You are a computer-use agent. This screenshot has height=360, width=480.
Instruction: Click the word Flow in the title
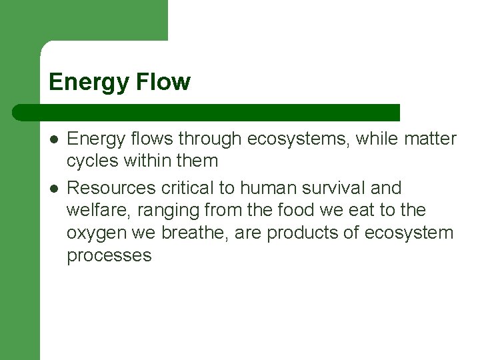point(164,82)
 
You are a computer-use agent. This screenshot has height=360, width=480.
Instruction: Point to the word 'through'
point(209,139)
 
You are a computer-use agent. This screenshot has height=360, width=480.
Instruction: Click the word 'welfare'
point(97,211)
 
